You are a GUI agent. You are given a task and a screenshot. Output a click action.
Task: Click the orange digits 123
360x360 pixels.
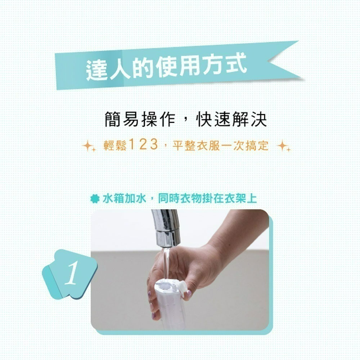pos(143,145)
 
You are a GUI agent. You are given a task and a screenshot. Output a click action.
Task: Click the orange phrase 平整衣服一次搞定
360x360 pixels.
pos(220,145)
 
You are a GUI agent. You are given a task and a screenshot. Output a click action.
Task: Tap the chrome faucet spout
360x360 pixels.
pos(167,227)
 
